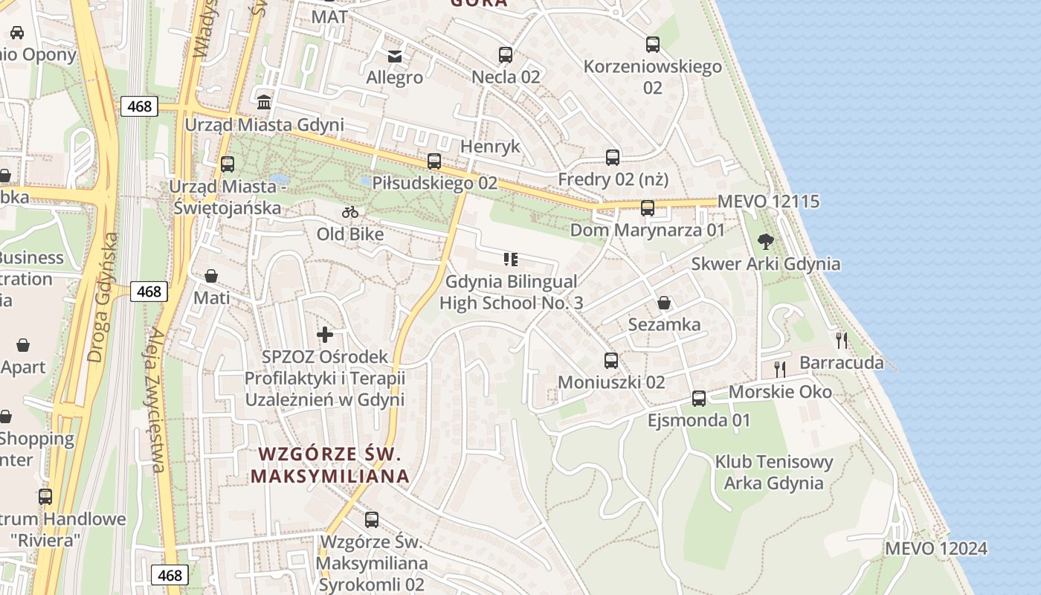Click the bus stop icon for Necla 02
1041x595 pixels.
point(506,54)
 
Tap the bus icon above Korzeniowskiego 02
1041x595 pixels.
point(653,45)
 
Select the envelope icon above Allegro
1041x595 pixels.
point(395,56)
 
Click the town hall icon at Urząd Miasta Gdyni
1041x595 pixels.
point(264,102)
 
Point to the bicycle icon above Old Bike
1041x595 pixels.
point(350,213)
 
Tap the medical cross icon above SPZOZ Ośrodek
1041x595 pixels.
point(325,335)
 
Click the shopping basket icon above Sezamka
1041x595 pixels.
point(664,303)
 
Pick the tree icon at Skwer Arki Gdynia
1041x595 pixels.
point(765,241)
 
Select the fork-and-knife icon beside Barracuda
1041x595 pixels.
point(842,340)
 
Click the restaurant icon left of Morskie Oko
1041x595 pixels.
point(780,369)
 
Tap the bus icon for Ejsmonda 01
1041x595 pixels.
point(699,398)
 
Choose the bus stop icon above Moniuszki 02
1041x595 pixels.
point(611,361)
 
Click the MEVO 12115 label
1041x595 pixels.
point(768,202)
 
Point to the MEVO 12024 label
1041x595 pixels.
point(935,549)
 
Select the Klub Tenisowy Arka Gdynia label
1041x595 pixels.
point(774,472)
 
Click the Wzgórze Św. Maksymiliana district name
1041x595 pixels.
point(329,465)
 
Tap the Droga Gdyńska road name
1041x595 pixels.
point(103,297)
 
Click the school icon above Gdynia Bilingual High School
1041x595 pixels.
point(511,260)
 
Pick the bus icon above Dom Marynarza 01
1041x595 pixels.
point(648,208)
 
